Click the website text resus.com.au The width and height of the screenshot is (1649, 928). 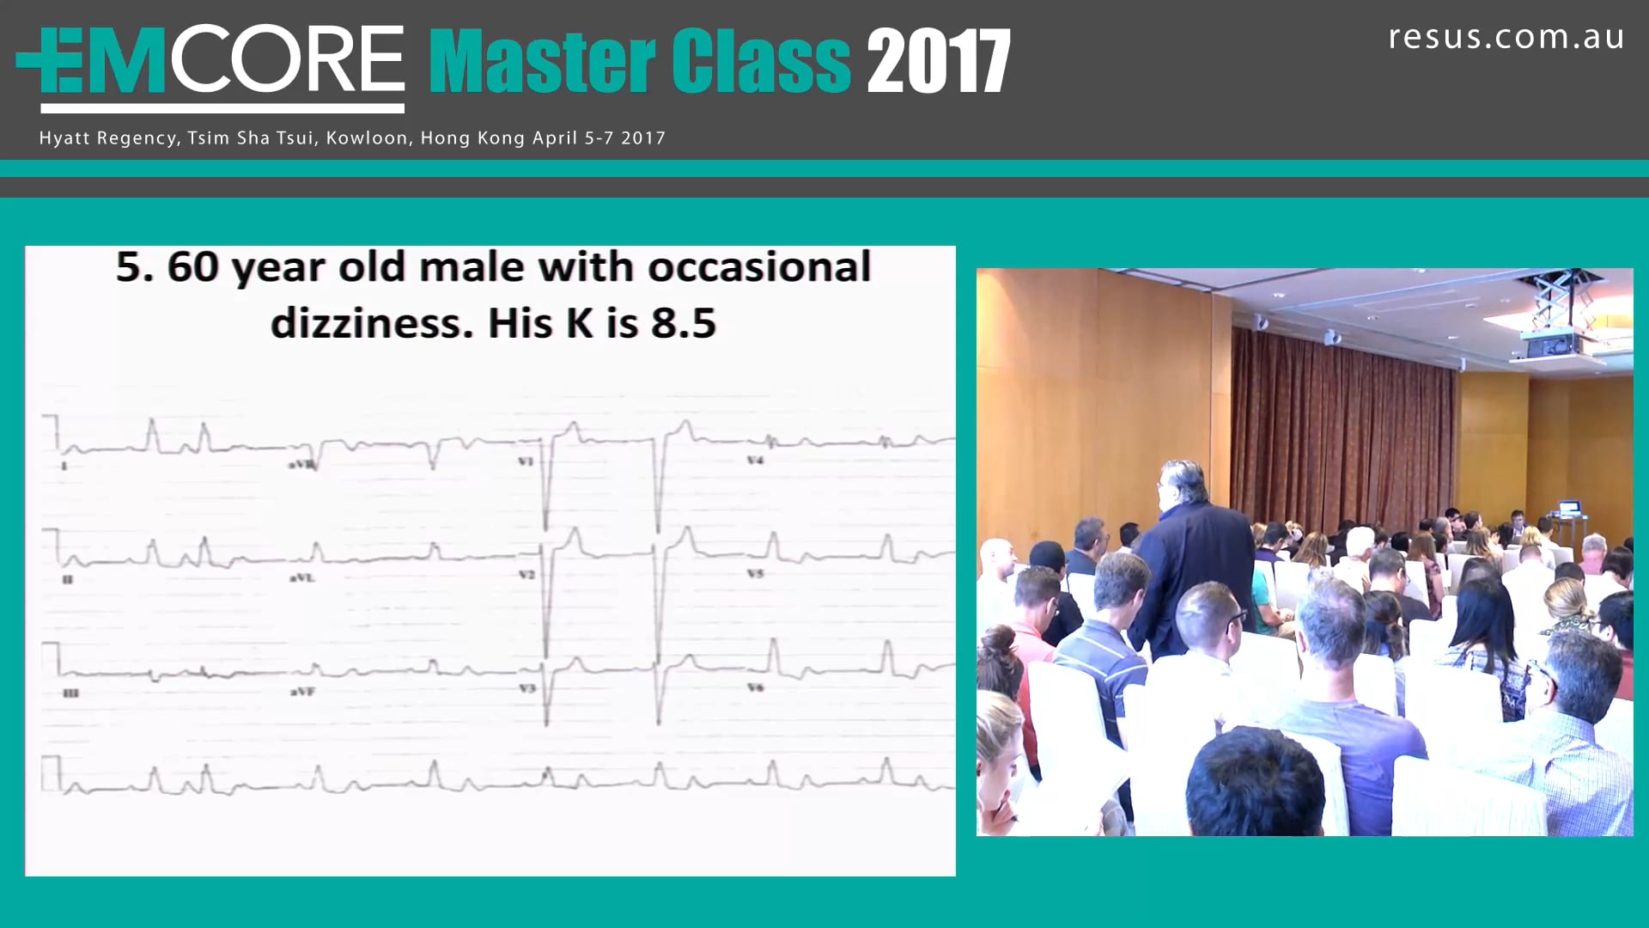1506,37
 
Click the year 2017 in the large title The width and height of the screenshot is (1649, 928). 938,61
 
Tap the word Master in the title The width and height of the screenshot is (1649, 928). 541,61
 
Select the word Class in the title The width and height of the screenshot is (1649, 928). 761,61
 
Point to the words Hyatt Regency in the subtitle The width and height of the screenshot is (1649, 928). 108,138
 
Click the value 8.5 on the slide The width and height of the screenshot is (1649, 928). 683,323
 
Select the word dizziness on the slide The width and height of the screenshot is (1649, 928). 372,323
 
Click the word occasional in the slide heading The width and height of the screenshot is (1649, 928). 759,266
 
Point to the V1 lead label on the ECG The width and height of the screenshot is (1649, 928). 526,461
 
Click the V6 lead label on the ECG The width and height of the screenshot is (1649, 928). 755,687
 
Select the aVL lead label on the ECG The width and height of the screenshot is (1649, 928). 302,577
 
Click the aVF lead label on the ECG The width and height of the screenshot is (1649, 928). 302,691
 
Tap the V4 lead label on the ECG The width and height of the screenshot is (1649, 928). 755,461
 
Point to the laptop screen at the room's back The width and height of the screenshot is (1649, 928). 1568,508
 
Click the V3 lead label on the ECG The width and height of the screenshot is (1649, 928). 526,688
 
